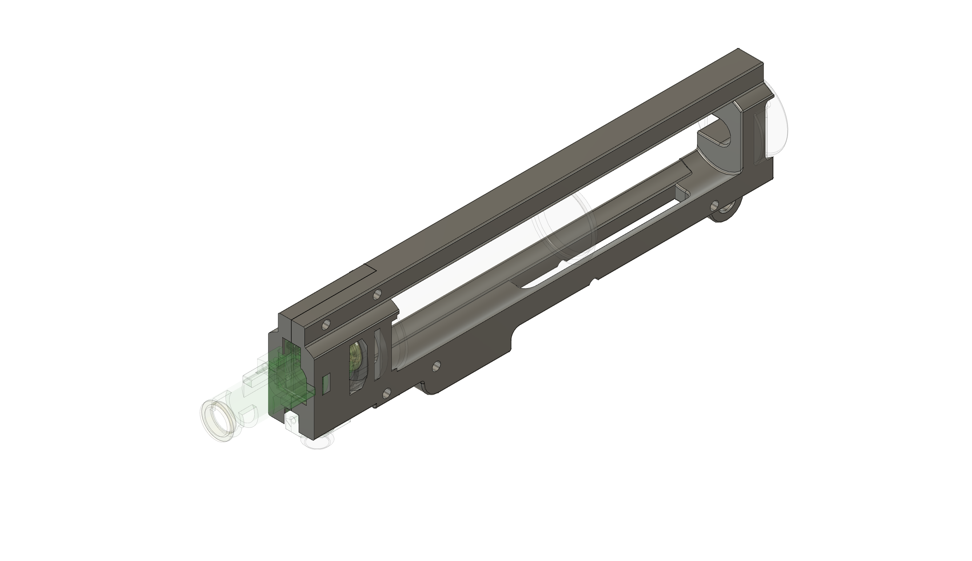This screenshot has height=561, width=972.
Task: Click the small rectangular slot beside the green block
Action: (326, 384)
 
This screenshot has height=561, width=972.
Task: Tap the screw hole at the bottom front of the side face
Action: (387, 393)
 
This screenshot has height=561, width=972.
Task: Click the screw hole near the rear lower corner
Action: (716, 204)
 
